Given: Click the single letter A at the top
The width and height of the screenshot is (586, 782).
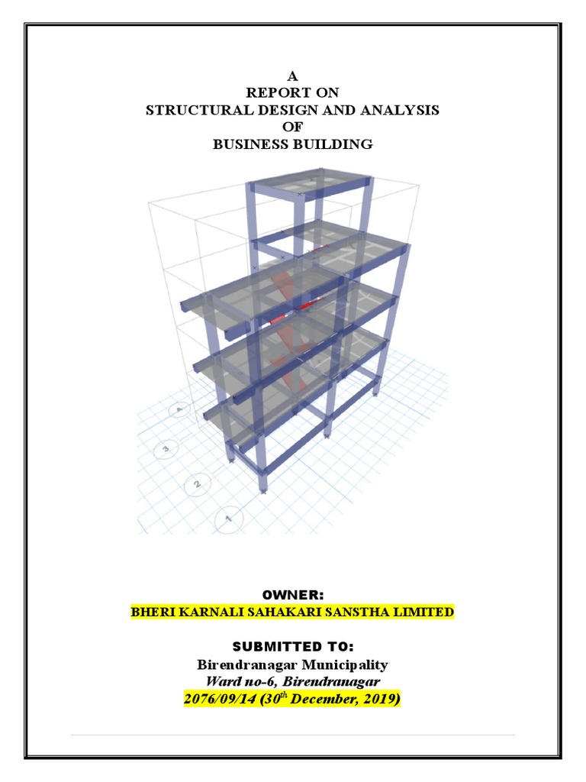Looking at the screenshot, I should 292,76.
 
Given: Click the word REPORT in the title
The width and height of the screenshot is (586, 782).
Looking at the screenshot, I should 272,93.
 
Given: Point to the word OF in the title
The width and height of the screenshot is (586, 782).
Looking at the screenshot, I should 292,127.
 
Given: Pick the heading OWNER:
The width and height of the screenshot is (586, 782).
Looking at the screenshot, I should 292,594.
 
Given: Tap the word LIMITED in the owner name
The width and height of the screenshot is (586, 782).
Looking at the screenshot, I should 425,612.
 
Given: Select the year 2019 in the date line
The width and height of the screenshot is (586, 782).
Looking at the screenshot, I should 378,699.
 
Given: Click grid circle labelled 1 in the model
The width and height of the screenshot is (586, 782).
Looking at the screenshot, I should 227,519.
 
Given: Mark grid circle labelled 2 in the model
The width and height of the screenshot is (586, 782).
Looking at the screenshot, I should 197,484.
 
